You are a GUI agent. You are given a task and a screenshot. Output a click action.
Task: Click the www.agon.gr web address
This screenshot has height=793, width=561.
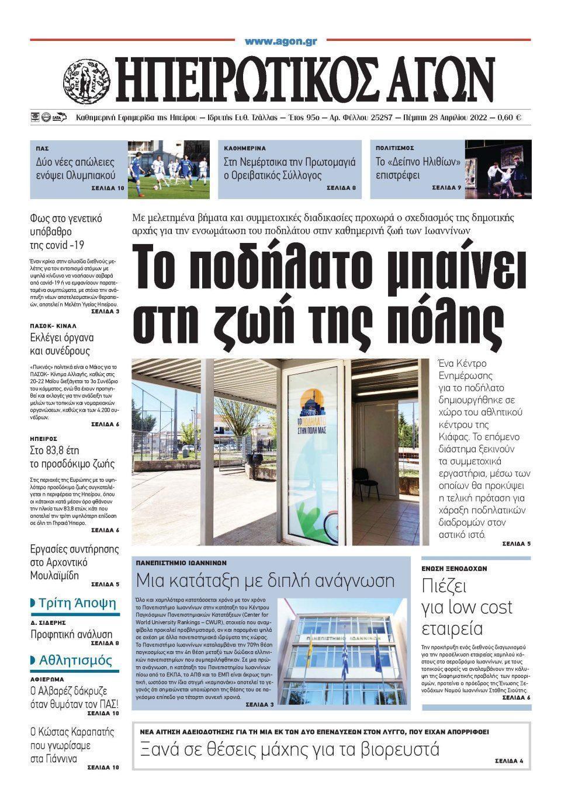point(280,41)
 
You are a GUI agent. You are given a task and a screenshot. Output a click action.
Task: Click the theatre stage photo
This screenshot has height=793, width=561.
point(506,169)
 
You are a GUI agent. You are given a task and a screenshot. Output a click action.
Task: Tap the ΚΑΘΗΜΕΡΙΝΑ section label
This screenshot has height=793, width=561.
point(245,148)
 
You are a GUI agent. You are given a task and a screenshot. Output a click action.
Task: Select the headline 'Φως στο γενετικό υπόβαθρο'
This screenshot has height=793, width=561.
point(66,225)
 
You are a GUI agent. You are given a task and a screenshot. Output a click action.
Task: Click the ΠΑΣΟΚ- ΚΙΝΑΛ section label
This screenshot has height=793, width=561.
point(53,325)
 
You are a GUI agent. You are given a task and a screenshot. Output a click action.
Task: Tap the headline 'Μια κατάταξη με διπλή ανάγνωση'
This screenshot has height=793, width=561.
point(265,580)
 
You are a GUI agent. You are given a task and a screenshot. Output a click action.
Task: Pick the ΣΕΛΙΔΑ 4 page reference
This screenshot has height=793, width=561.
point(509,761)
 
